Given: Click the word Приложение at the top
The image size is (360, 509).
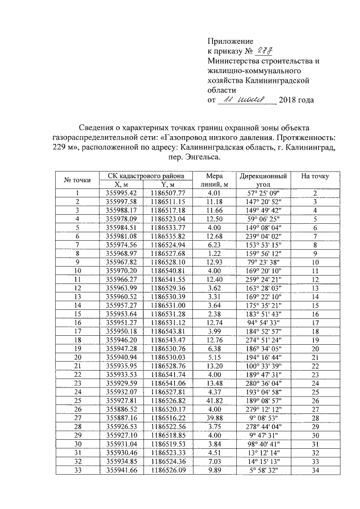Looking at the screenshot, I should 231,41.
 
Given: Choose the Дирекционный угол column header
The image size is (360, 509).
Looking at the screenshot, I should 263,179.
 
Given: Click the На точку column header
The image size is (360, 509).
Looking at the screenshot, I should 315,176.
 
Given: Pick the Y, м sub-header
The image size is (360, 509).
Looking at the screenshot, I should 163,184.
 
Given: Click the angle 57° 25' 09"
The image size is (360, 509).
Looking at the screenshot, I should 263,193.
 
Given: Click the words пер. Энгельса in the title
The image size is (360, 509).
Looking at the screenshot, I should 193,158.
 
